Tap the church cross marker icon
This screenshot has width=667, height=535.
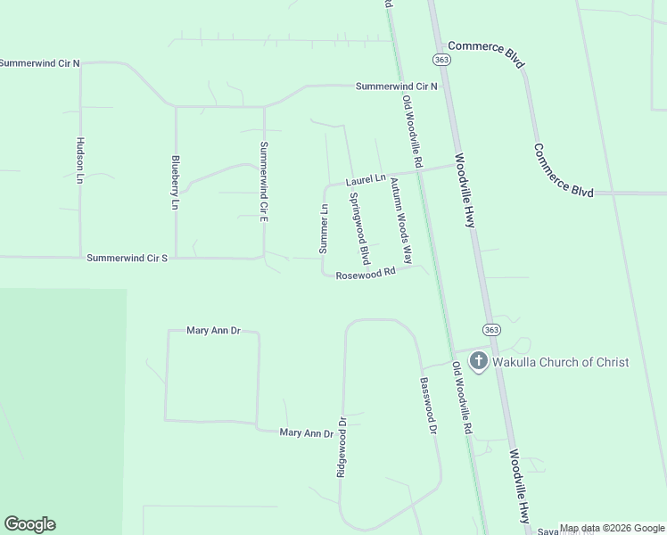(479, 361)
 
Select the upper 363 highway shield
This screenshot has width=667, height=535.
(441, 59)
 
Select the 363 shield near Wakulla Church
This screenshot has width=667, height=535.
(492, 330)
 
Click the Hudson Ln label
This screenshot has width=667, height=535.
(79, 160)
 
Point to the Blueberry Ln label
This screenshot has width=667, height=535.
(175, 183)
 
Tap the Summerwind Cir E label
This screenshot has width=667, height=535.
(263, 181)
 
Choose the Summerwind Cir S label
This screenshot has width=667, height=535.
(128, 258)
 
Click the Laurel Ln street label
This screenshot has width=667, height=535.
(366, 179)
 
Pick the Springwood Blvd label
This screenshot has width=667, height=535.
(358, 228)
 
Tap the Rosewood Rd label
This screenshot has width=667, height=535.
(366, 274)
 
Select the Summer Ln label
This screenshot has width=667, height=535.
(325, 227)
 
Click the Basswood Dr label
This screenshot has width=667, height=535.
(427, 405)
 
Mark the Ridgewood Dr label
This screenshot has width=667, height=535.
(341, 446)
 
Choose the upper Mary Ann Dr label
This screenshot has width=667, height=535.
(214, 330)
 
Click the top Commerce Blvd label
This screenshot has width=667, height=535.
(486, 53)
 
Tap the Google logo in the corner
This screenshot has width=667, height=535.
(29, 524)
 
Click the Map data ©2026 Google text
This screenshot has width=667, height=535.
(612, 529)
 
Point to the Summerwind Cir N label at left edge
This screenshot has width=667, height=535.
(40, 63)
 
